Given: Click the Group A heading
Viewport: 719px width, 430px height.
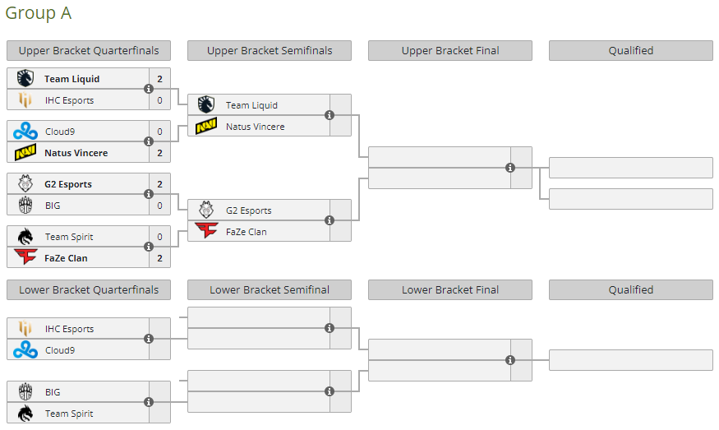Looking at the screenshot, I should tap(39, 13).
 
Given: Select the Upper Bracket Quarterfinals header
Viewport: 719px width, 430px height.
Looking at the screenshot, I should tap(89, 50).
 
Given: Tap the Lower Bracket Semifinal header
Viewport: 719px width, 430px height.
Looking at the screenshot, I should tap(270, 289).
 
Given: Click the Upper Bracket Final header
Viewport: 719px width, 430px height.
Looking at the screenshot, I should tap(450, 50).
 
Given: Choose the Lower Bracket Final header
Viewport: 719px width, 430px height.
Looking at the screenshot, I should tap(450, 289).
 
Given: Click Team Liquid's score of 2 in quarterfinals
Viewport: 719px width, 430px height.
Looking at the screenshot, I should tap(159, 79).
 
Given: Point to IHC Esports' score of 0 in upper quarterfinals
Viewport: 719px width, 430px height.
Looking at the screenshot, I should tap(159, 100).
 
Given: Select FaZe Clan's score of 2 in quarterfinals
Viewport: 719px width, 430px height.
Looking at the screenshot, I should tap(159, 258).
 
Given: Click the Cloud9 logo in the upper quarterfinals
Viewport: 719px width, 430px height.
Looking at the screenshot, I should tap(25, 132).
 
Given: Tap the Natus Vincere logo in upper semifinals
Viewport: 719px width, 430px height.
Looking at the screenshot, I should tap(206, 127).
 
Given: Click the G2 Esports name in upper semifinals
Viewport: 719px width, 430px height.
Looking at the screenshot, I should tap(248, 210).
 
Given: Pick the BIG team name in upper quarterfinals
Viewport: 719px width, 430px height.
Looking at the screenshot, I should tap(53, 206).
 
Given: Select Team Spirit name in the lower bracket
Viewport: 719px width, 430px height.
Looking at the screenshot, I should tap(69, 414).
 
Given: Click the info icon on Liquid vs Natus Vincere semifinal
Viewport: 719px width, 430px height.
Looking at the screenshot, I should tap(330, 115).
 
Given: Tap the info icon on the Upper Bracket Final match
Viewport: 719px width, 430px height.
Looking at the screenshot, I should tap(510, 168).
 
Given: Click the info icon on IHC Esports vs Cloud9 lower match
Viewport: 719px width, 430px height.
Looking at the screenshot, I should tap(149, 339).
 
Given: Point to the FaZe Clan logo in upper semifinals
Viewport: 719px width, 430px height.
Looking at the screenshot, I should tap(206, 232).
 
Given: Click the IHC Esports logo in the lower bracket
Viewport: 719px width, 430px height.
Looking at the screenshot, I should tap(25, 329).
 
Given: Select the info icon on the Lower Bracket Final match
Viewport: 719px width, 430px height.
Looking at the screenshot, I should tap(510, 360).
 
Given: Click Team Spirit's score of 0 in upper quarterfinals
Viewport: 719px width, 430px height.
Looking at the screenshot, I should tap(159, 237).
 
